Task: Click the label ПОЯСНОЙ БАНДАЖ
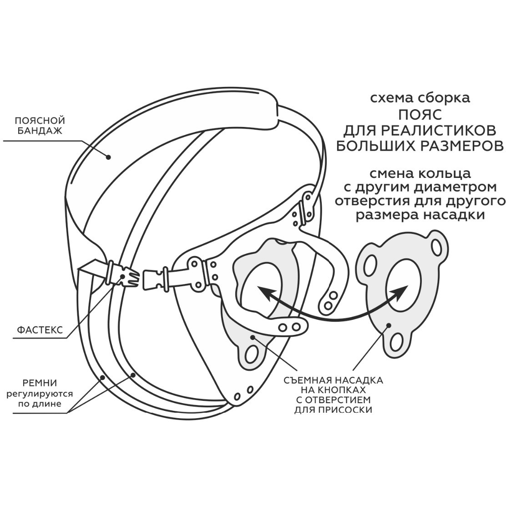[x=40, y=126]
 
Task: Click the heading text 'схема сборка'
[x=419, y=97]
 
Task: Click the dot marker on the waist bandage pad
[x=109, y=157]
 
